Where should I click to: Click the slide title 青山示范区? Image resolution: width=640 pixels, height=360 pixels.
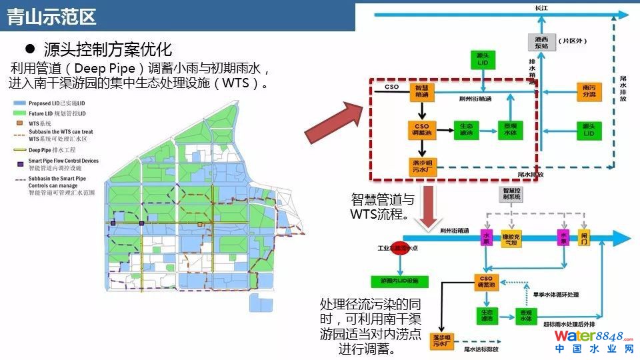point(52,16)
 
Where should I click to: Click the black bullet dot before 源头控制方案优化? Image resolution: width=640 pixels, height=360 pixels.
point(29,49)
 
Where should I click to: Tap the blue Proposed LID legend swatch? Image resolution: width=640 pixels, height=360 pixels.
point(21,104)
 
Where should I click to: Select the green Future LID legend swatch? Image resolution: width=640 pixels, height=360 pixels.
point(21,113)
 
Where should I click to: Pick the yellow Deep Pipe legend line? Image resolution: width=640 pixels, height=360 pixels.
point(21,150)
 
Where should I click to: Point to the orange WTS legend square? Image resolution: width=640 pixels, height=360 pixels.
point(21,124)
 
